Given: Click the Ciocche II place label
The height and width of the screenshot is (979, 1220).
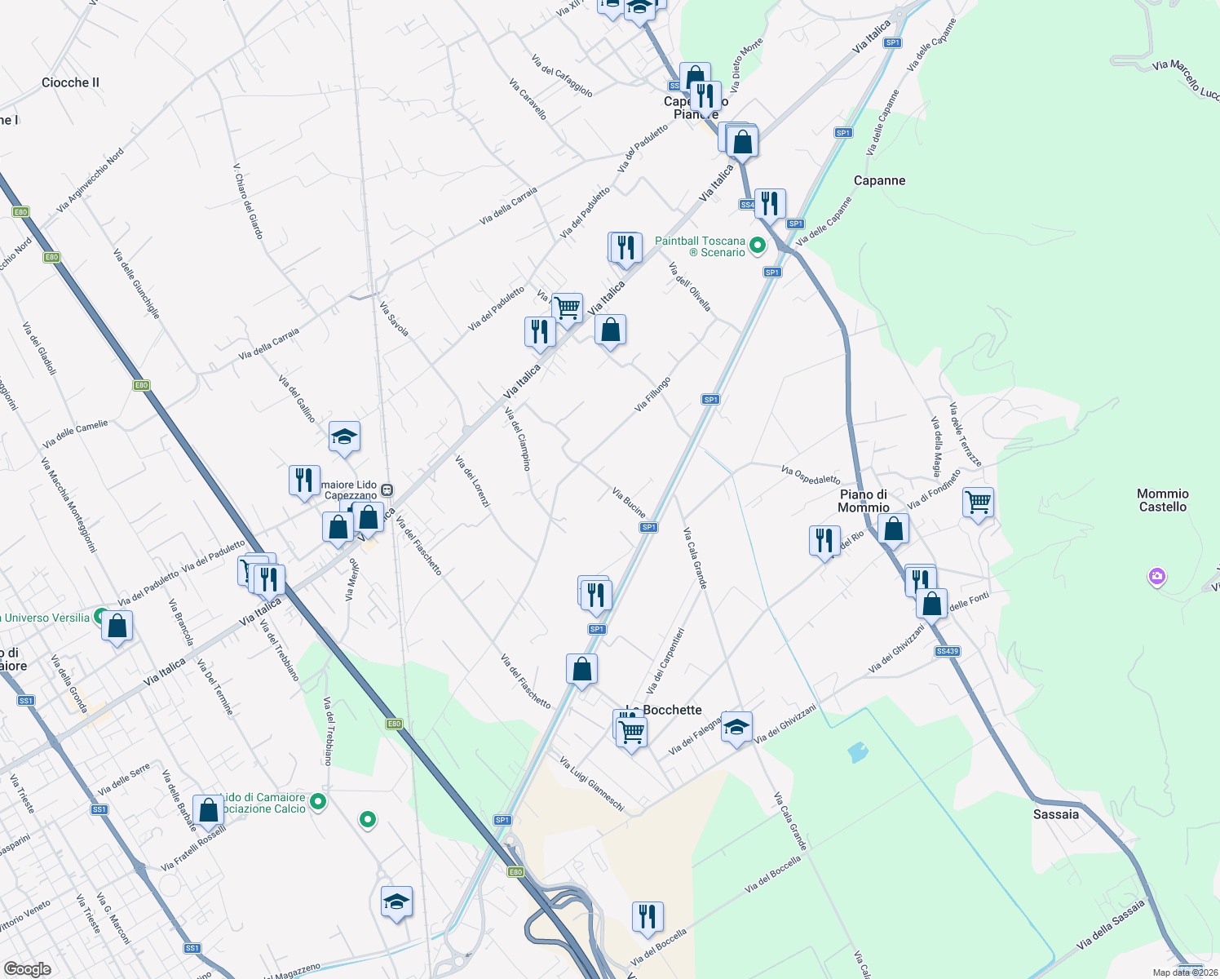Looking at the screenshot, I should pos(70,82).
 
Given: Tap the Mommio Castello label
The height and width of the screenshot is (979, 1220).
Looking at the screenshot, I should pos(1163,500).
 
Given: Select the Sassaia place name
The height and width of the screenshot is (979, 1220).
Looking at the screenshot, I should pos(1055,814).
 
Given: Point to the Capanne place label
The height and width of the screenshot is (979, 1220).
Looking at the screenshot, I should pos(879,180).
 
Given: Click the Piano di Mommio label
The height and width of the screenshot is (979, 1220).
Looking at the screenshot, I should pos(864,501).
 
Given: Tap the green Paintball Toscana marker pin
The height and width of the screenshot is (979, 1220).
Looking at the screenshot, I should pos(758,245).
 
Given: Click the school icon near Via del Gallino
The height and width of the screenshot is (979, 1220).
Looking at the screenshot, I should pos(344,437).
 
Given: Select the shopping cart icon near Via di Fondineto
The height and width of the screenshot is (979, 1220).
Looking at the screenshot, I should pos(978,502).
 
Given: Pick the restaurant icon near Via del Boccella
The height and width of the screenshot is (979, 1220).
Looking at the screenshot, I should pos(647,917).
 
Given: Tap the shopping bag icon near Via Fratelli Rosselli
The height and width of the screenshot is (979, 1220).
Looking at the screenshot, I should pos(209,810).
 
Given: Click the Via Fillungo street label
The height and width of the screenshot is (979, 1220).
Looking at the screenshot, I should pos(652,394).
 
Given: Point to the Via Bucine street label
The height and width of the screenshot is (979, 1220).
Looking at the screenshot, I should pos(629,503).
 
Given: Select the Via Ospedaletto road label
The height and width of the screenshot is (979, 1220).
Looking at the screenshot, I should pos(810,475).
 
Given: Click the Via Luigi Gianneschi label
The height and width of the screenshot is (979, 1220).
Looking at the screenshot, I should pos(592,784).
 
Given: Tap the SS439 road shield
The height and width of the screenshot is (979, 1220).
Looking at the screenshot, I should pos(948,651).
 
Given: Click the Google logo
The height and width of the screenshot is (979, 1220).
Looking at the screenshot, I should pos(27,969).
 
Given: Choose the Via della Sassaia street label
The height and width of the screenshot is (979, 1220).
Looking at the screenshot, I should pos(1110,924).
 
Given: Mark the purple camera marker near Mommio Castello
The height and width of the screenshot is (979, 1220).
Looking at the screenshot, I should pos(1156,578).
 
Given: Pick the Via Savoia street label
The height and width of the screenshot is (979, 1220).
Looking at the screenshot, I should pos(394,318).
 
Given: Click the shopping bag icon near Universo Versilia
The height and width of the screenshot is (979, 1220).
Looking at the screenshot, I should pos(117,627).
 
